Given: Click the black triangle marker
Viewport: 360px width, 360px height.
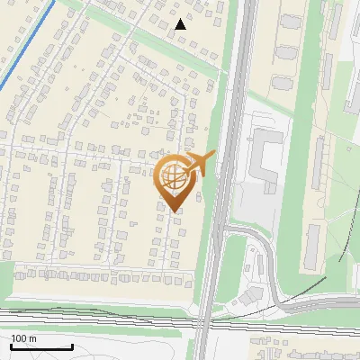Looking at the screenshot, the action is [180, 24].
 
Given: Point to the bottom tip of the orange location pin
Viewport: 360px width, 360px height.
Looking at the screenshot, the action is [174, 212].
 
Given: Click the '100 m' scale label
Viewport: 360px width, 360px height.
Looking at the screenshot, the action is [23, 337].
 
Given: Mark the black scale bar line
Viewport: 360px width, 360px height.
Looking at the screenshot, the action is [41, 347].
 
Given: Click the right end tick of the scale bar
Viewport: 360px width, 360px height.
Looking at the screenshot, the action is [72, 346].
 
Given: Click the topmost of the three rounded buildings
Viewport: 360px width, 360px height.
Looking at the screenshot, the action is [288, 22].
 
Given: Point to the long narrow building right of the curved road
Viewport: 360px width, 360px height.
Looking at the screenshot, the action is [313, 247].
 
